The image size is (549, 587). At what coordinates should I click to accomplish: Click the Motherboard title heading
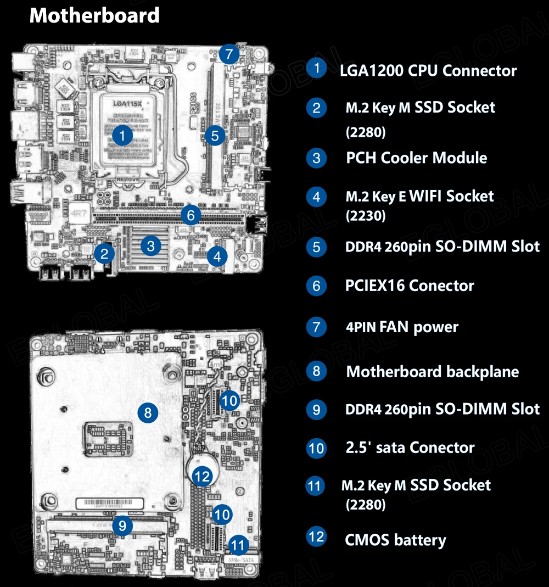click(94, 15)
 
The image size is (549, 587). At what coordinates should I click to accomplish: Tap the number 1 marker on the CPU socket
click(124, 135)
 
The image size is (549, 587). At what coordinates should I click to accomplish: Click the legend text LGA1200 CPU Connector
click(428, 70)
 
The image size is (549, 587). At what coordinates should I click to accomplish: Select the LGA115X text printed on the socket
click(127, 103)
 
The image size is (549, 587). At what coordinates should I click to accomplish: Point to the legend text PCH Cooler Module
click(416, 158)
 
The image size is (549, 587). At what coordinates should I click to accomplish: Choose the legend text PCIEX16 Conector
click(410, 286)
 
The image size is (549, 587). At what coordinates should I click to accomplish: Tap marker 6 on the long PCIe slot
click(191, 215)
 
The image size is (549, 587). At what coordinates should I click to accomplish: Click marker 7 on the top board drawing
click(228, 55)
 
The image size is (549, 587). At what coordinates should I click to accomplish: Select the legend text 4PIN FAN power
click(402, 327)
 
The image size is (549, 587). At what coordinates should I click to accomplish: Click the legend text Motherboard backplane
click(432, 372)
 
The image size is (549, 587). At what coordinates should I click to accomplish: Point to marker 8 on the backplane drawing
click(148, 412)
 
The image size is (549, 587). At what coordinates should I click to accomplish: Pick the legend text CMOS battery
click(395, 540)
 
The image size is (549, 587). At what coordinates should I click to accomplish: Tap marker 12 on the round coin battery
click(203, 476)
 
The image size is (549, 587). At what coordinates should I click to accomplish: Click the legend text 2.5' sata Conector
click(410, 448)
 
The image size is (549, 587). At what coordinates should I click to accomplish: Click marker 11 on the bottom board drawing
click(238, 545)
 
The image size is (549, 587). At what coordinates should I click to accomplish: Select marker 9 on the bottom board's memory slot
click(122, 526)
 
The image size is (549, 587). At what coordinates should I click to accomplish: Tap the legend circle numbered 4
click(316, 196)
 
